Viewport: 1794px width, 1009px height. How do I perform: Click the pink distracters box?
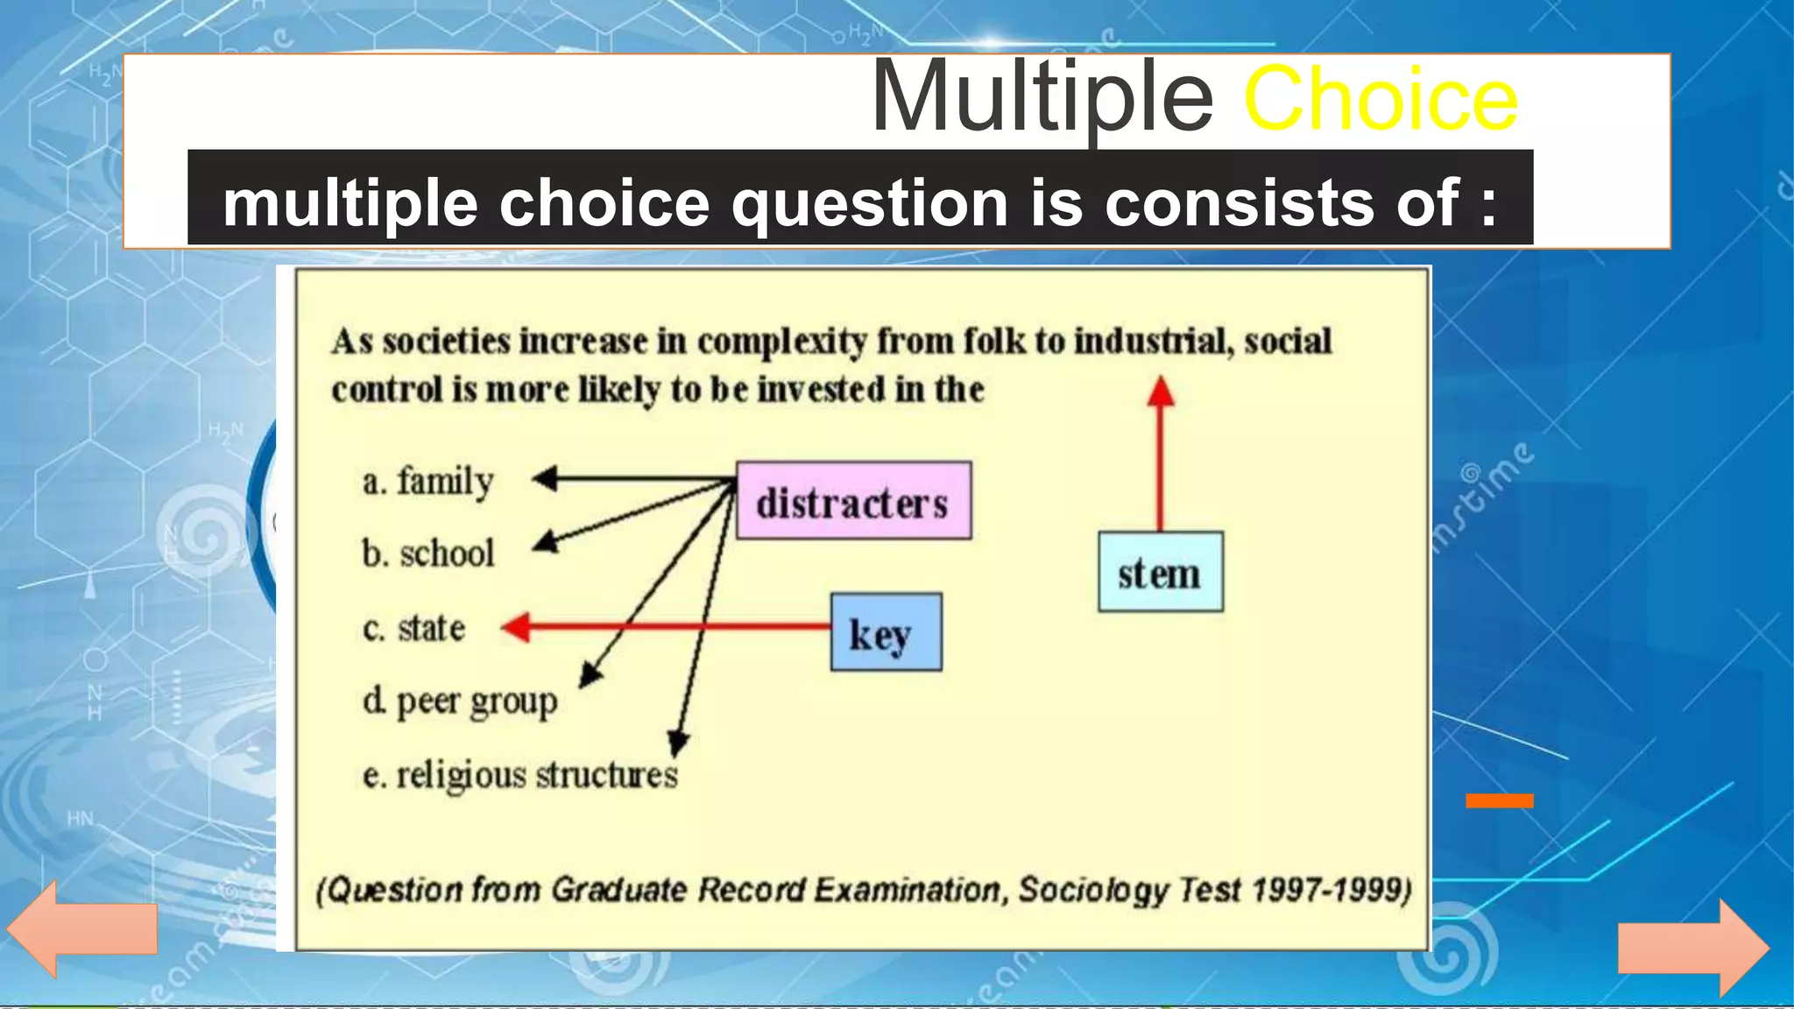click(x=853, y=501)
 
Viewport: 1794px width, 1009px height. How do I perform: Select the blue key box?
click(x=886, y=632)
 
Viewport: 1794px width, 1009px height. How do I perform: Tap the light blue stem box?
click(x=1160, y=572)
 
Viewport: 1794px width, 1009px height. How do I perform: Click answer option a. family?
click(x=428, y=481)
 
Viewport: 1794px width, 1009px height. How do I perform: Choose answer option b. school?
click(x=428, y=554)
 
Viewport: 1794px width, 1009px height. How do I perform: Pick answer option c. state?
click(x=413, y=628)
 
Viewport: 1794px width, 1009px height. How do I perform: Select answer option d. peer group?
click(x=460, y=702)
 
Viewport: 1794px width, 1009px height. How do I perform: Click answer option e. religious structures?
click(x=520, y=775)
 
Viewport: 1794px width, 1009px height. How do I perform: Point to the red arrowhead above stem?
click(x=1161, y=392)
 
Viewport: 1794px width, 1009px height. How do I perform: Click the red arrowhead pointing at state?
click(x=517, y=627)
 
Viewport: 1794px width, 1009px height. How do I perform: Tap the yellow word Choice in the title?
click(x=1380, y=99)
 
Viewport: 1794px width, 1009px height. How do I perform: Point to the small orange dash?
click(x=1500, y=801)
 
